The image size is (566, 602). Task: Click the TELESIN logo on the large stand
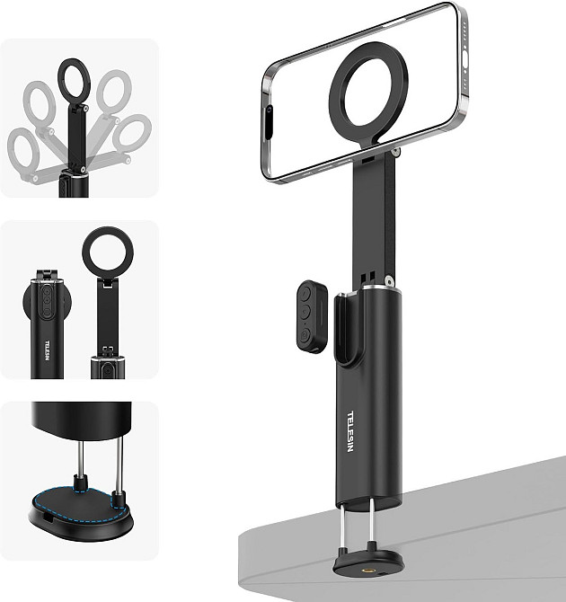click(x=349, y=431)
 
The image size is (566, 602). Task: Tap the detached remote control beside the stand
click(x=312, y=316)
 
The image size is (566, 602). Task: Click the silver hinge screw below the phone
click(x=395, y=153)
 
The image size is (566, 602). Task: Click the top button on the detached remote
click(x=305, y=294)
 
